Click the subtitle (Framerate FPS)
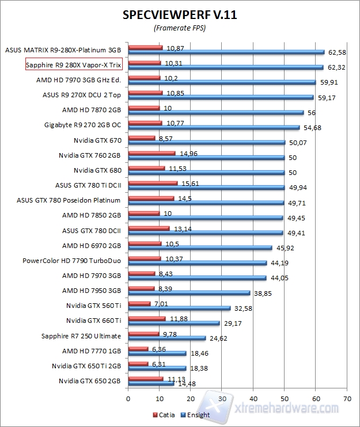180,27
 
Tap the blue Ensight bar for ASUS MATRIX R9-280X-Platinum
226,52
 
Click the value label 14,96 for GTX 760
187,154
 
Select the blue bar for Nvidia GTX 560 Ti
179,308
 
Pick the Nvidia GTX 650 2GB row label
89,380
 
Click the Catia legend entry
164,414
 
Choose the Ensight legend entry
196,414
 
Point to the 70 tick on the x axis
346,398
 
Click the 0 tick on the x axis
128,398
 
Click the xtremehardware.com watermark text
288,407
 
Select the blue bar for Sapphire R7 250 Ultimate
166,338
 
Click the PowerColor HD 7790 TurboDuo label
71,260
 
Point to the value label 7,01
161,303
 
